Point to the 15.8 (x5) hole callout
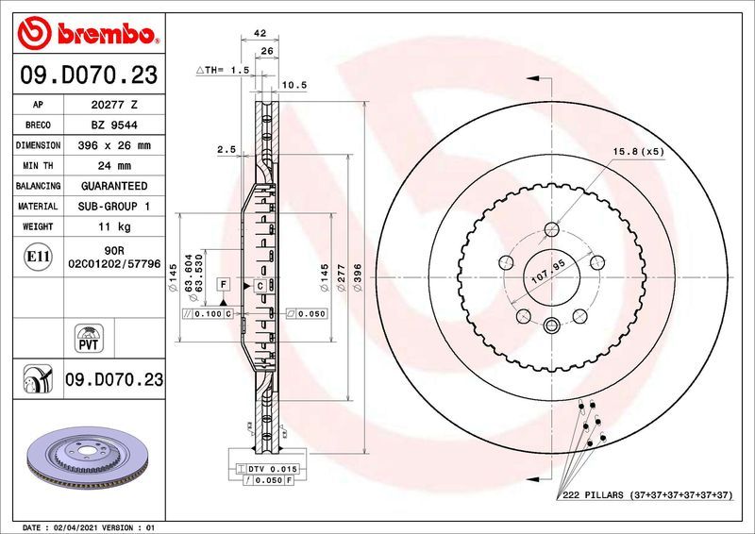pos(639,151)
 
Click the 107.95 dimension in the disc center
pos(548,275)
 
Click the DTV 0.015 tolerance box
pos(271,469)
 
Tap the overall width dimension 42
pos(247,33)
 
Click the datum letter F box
pos(224,284)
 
